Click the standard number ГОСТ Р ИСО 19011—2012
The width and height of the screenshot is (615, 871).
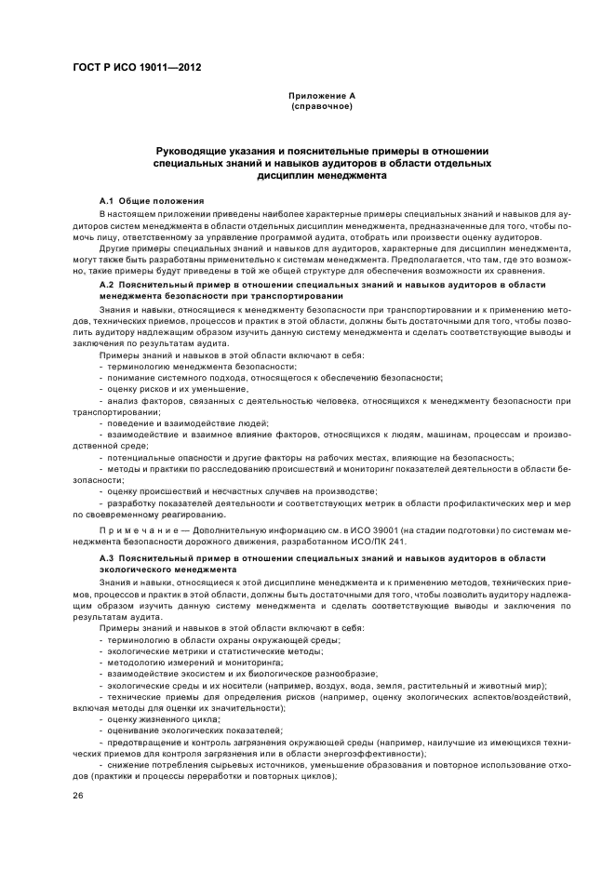(137, 68)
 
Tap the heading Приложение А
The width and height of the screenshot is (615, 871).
(321, 96)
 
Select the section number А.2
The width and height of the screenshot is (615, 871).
(106, 284)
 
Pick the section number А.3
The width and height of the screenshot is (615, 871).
(106, 556)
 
